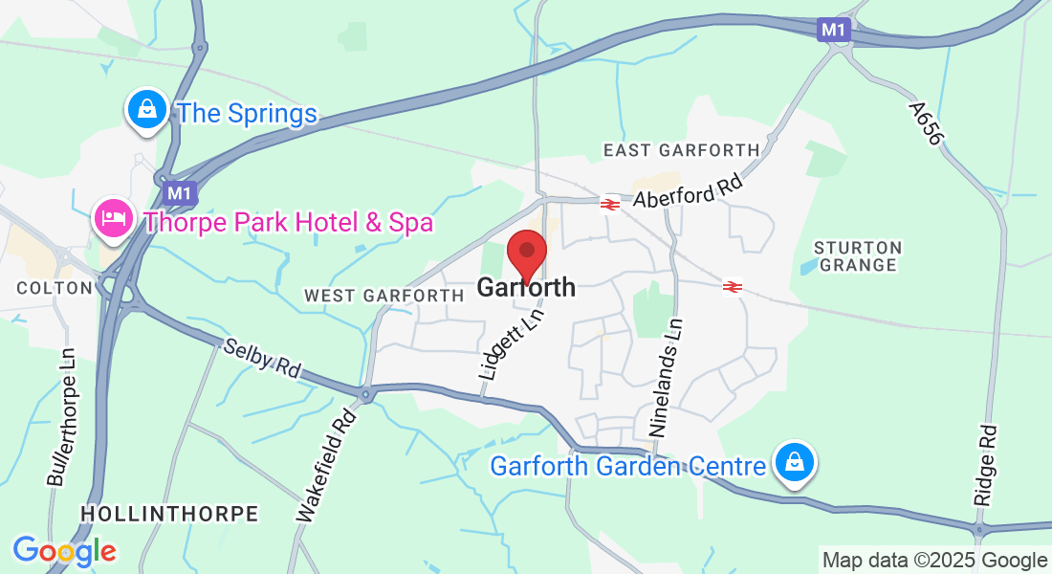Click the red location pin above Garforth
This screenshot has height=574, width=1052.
tap(526, 253)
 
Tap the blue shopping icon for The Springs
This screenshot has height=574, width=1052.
tap(147, 110)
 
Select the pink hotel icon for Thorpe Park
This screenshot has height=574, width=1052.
tap(114, 219)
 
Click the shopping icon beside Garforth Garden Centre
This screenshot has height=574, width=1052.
tap(794, 463)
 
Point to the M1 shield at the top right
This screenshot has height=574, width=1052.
tap(834, 31)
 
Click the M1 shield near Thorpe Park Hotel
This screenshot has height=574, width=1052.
tap(178, 194)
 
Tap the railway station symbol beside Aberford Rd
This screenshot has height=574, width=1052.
tap(609, 204)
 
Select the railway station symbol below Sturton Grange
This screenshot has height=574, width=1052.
tap(733, 286)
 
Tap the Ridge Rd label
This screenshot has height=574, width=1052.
tap(985, 466)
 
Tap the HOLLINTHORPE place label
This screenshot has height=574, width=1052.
tap(169, 514)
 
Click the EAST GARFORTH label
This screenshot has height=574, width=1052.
tap(681, 150)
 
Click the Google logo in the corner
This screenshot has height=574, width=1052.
tap(64, 551)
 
